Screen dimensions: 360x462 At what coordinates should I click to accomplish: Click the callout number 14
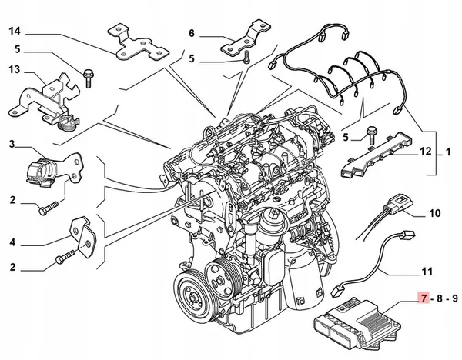15,32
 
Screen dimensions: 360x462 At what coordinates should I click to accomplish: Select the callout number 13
15,70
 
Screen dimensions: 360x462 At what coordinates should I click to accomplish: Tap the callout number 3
13,144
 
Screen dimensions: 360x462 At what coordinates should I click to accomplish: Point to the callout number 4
13,242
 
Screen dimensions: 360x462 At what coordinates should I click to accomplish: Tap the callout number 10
434,212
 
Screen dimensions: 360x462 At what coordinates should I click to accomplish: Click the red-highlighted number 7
421,296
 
